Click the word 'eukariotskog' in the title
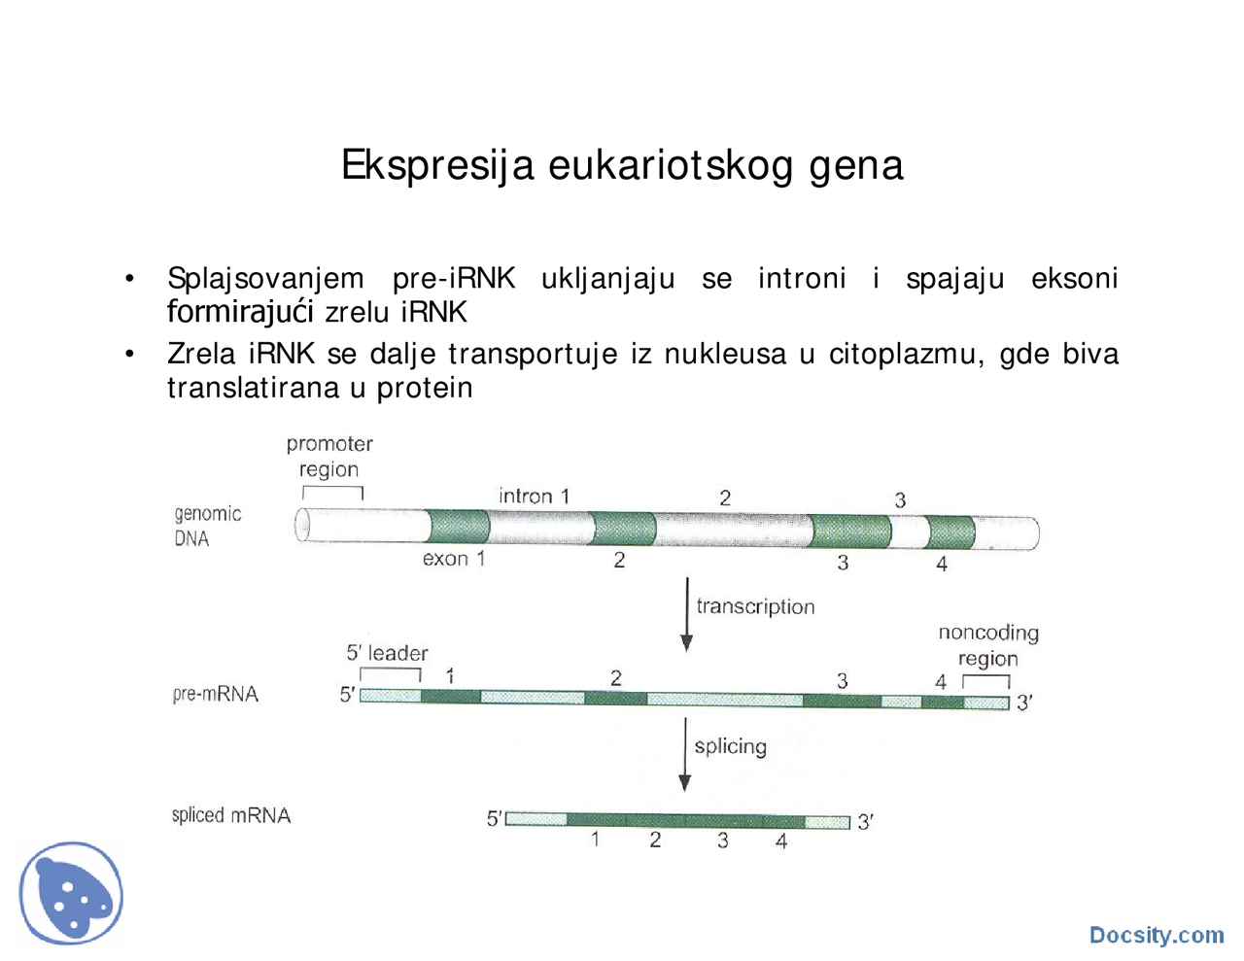(x=671, y=165)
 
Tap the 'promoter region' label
(x=329, y=457)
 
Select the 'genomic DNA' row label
(x=207, y=526)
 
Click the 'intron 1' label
(x=534, y=496)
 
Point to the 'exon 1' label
(x=453, y=559)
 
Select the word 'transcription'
(x=755, y=606)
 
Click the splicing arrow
(x=685, y=754)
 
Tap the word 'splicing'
(x=731, y=746)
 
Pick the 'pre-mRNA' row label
(x=215, y=694)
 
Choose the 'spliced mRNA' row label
(x=230, y=815)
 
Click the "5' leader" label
(x=387, y=653)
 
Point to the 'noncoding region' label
(x=988, y=645)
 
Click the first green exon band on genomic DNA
(x=459, y=527)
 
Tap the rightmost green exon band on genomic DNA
(x=950, y=532)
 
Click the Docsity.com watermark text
(x=1157, y=935)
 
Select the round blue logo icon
(x=71, y=894)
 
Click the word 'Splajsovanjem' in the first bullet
(x=265, y=279)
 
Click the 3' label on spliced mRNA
(x=865, y=822)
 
